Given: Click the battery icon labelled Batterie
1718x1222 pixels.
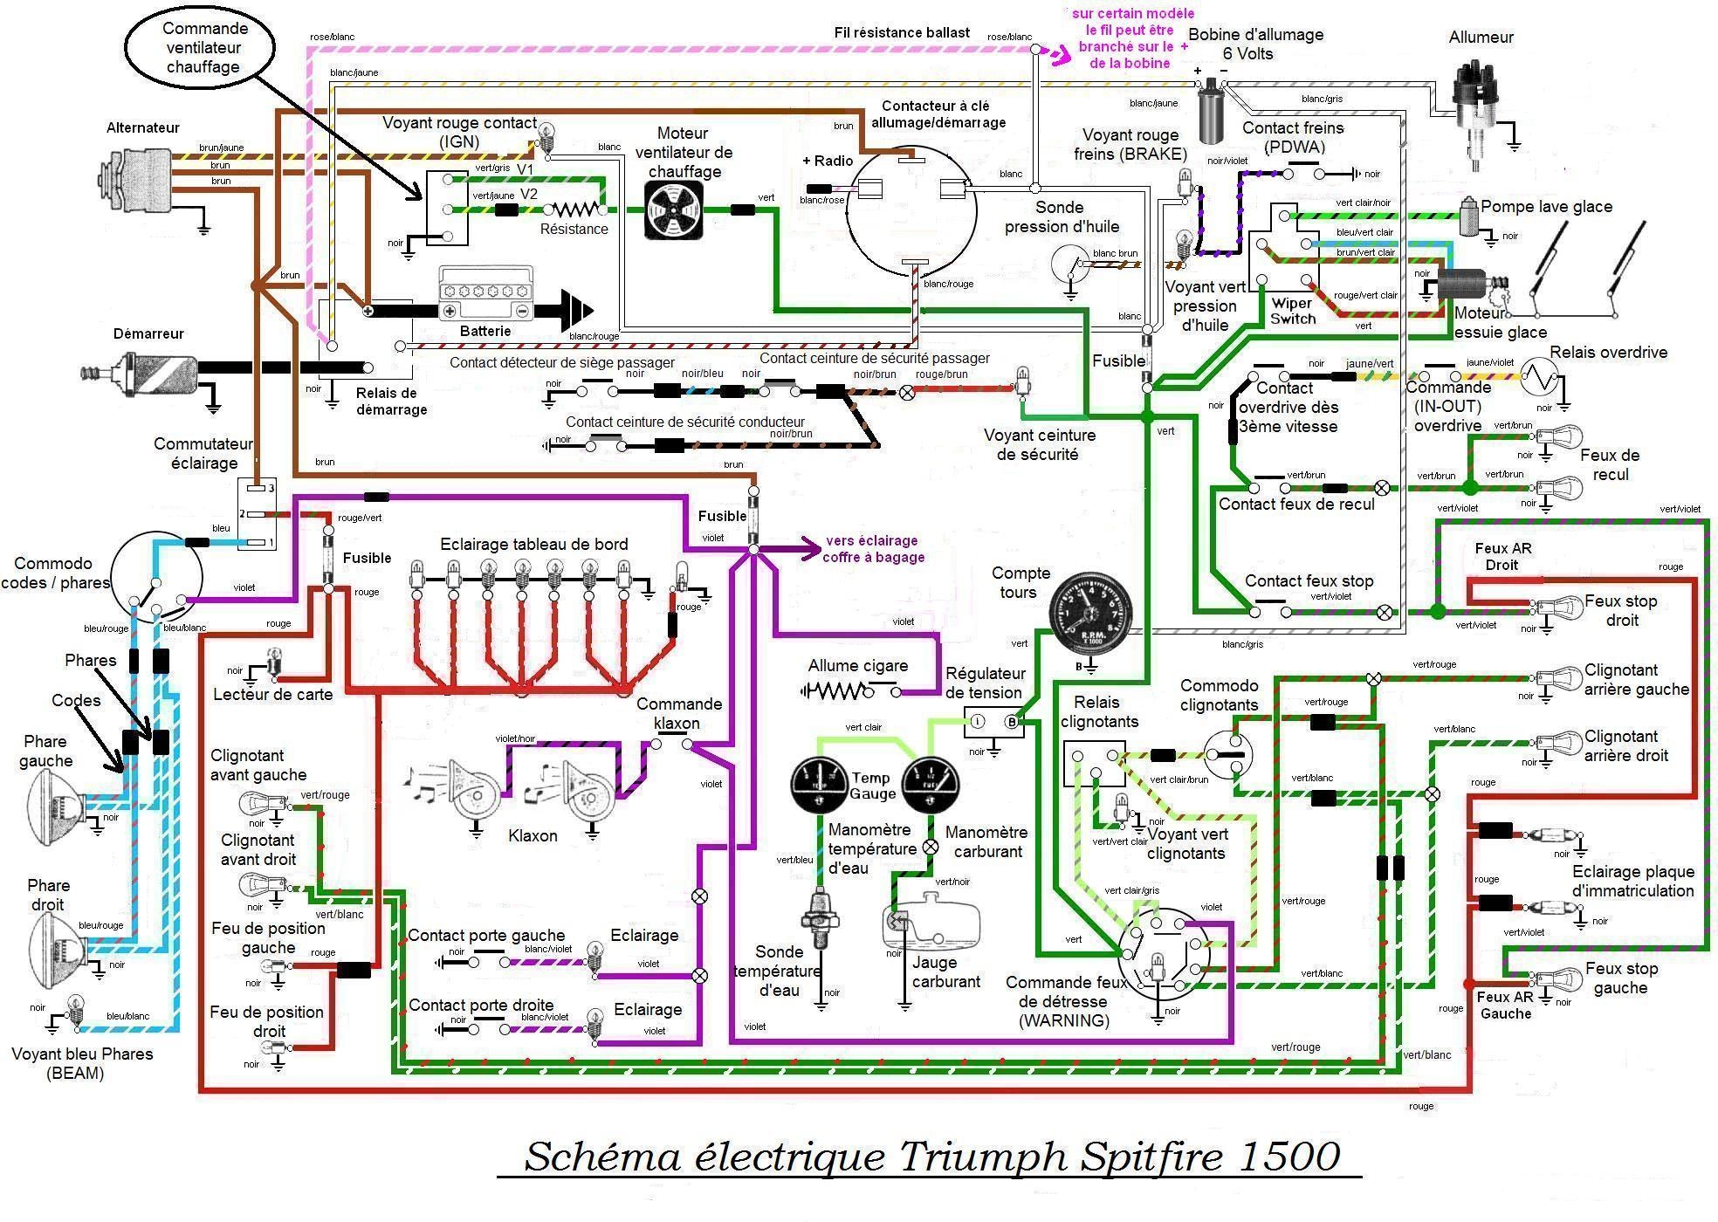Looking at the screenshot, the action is pyautogui.click(x=485, y=294).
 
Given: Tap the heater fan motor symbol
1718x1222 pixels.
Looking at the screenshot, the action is pyautogui.click(x=673, y=210).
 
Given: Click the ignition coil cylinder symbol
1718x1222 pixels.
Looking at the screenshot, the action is pyautogui.click(x=1210, y=110).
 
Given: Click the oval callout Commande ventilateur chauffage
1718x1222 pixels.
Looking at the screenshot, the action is pyautogui.click(x=202, y=48).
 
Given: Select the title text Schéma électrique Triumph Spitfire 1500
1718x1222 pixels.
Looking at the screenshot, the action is pyautogui.click(x=931, y=1157).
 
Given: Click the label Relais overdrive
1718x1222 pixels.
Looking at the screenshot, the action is pyautogui.click(x=1608, y=353).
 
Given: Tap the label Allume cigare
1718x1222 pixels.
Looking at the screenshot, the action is pyautogui.click(x=857, y=666).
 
